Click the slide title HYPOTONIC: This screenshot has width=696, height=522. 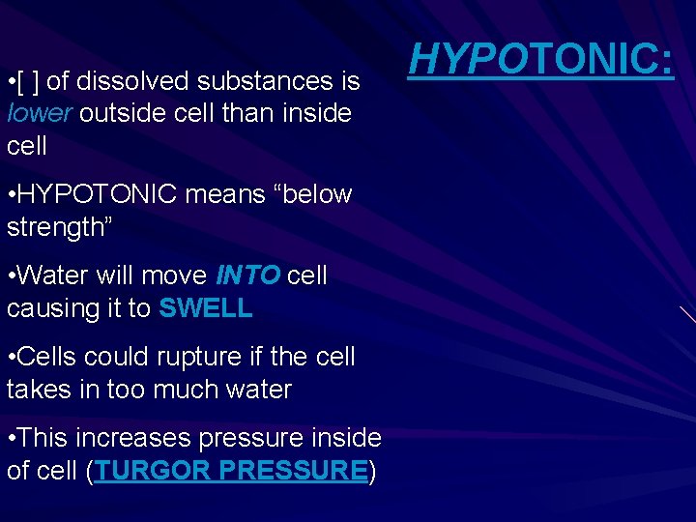pos(540,57)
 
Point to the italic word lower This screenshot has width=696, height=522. pos(39,113)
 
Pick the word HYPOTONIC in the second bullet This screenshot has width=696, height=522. pos(96,194)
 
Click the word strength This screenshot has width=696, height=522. pos(52,227)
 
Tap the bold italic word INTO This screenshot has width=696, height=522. pos(247,275)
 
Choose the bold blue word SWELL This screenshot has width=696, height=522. pos(205,308)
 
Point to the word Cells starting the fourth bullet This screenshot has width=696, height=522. pos(47,357)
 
